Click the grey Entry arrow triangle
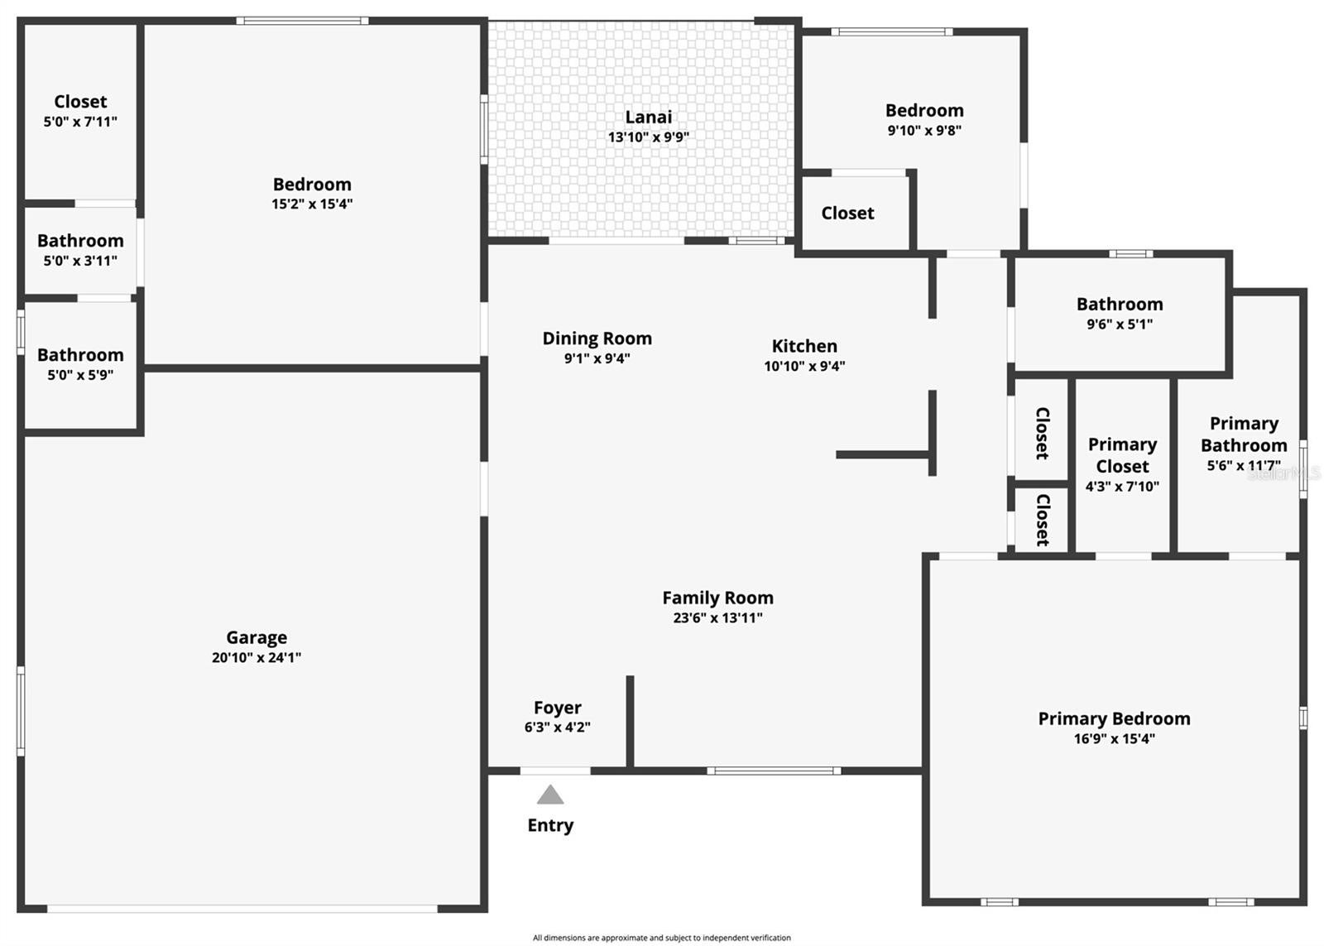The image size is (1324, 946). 550,796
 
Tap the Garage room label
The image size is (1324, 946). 257,637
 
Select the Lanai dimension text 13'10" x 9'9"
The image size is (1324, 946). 648,137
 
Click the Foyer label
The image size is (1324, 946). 557,708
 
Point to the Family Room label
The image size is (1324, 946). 717,598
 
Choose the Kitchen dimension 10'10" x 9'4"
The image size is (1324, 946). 804,366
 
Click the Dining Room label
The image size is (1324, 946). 597,339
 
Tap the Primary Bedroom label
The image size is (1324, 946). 1114,718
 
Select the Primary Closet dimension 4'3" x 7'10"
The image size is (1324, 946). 1122,487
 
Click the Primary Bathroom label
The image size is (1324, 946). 1244,435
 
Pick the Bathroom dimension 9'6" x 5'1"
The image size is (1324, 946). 1120,324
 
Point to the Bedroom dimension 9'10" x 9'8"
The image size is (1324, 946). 924,130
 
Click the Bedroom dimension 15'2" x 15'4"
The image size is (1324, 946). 312,204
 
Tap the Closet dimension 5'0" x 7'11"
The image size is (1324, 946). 80,122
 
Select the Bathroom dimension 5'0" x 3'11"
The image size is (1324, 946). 80,261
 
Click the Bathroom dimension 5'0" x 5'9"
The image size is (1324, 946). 80,375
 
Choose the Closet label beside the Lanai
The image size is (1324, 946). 847,213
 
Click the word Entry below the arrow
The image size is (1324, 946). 550,825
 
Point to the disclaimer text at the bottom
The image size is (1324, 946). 661,938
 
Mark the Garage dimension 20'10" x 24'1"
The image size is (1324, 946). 257,658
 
